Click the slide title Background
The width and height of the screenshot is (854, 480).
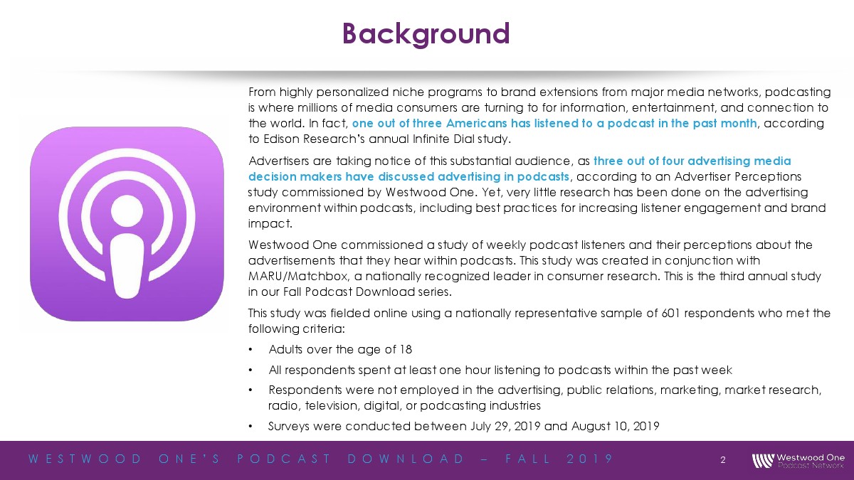click(x=426, y=34)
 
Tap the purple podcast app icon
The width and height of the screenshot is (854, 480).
click(x=127, y=224)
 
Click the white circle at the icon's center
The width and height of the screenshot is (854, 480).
click(x=127, y=210)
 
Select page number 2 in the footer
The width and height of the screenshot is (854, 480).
click(x=723, y=460)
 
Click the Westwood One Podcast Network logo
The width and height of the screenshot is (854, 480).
click(x=798, y=461)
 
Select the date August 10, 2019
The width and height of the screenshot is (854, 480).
click(x=616, y=426)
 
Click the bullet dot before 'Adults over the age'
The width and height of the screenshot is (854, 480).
click(x=251, y=349)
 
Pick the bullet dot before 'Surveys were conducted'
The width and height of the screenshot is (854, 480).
click(x=251, y=426)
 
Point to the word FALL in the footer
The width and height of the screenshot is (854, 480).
click(x=528, y=459)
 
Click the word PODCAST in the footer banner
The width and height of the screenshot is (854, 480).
click(x=284, y=459)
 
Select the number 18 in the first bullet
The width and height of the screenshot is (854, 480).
click(x=406, y=349)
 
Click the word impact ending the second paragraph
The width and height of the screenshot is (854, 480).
click(x=270, y=223)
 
